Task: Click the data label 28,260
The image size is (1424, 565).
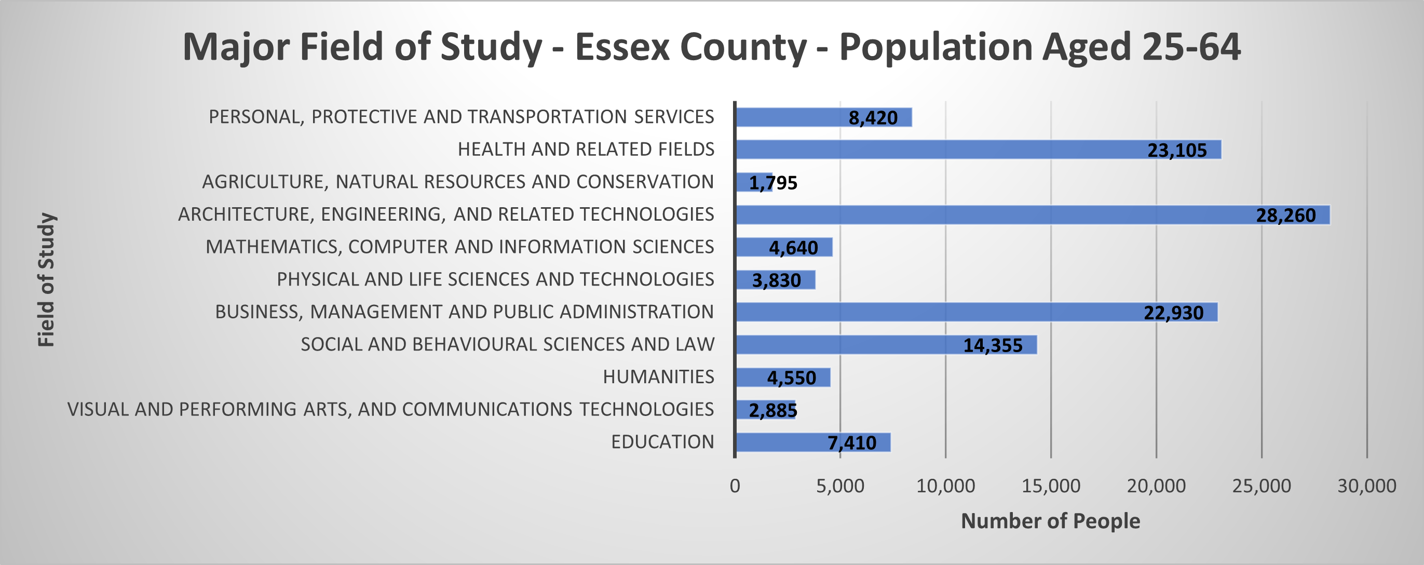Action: pyautogui.click(x=1286, y=215)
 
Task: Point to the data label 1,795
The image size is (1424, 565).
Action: pyautogui.click(x=773, y=183)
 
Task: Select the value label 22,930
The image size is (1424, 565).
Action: pyautogui.click(x=1173, y=313)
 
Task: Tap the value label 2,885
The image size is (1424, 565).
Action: pyautogui.click(x=773, y=410)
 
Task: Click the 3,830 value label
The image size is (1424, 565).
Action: pyautogui.click(x=776, y=280)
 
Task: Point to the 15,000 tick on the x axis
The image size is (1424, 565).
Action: pyautogui.click(x=1051, y=486)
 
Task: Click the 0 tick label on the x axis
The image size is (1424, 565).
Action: pyautogui.click(x=735, y=486)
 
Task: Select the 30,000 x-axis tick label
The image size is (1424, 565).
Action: pyautogui.click(x=1366, y=486)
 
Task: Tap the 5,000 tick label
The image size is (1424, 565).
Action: pyautogui.click(x=840, y=486)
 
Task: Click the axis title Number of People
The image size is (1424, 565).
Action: pyautogui.click(x=1050, y=521)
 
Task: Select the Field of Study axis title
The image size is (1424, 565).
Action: pyautogui.click(x=46, y=280)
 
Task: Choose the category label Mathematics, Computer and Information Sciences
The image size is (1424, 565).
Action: pyautogui.click(x=459, y=247)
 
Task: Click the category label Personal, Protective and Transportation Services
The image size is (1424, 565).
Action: pyautogui.click(x=461, y=117)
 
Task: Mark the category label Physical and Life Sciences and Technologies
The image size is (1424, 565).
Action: pyautogui.click(x=495, y=279)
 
